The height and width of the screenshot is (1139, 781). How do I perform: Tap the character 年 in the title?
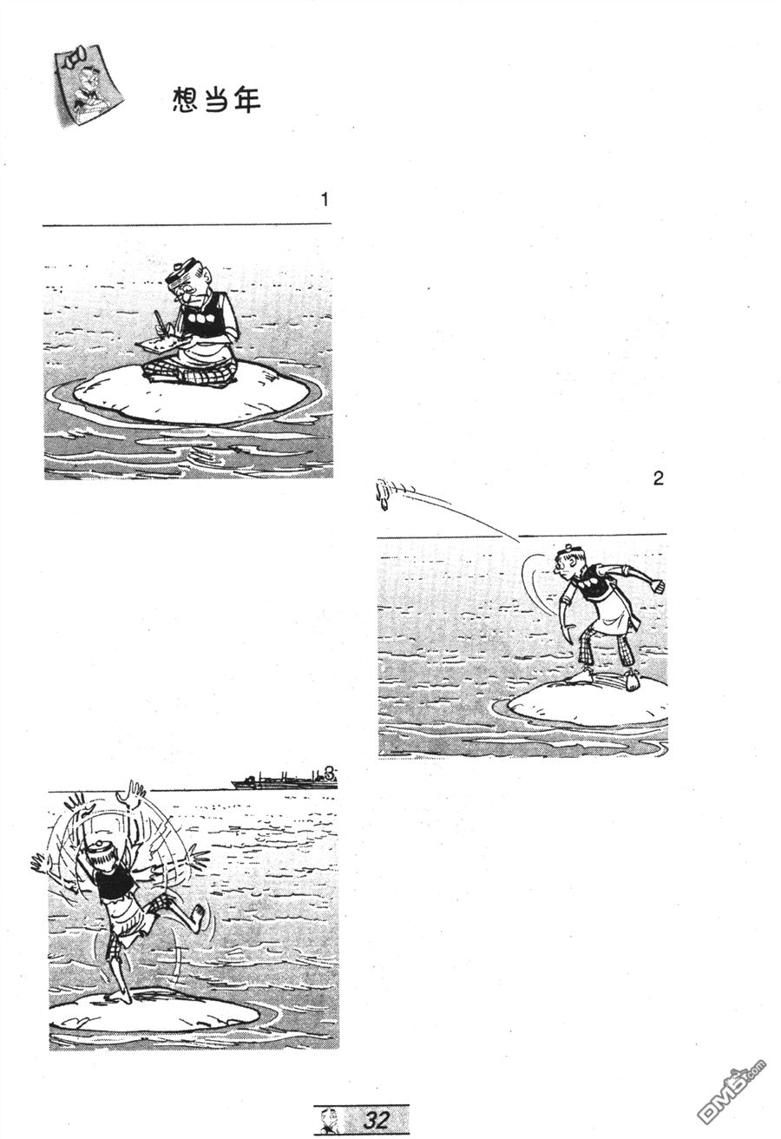(x=247, y=99)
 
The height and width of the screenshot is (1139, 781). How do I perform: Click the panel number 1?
(x=325, y=200)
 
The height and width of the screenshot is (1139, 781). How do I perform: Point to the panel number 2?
(x=658, y=478)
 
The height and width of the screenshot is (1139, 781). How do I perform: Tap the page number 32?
(x=377, y=1119)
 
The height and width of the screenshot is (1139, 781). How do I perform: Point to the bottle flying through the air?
(x=383, y=494)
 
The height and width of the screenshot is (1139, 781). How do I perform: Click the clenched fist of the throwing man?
(x=659, y=585)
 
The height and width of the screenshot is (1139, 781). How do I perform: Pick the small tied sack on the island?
(x=631, y=681)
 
